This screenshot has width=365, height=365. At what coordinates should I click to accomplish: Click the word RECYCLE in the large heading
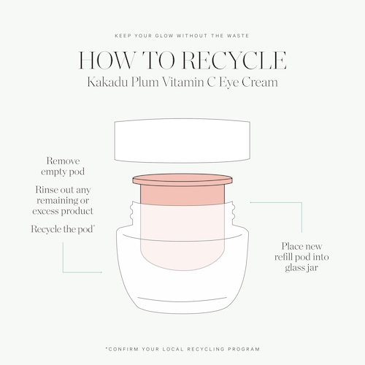234,60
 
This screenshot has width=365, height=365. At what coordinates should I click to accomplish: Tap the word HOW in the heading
107,60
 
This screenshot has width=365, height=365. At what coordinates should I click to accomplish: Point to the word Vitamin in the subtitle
183,82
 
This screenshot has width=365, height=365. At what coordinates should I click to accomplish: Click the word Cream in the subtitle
260,82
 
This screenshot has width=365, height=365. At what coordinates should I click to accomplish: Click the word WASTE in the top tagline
238,36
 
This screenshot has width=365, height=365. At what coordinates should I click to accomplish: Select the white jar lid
182,140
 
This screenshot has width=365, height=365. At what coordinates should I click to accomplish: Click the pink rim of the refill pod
182,180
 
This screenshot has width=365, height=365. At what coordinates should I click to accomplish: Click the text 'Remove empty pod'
63,166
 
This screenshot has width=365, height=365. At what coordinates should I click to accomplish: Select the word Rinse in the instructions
46,190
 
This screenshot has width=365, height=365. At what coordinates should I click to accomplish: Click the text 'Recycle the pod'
63,229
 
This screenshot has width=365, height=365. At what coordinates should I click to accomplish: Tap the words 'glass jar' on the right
301,268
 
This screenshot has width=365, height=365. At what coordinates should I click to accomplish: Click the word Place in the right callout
291,246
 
